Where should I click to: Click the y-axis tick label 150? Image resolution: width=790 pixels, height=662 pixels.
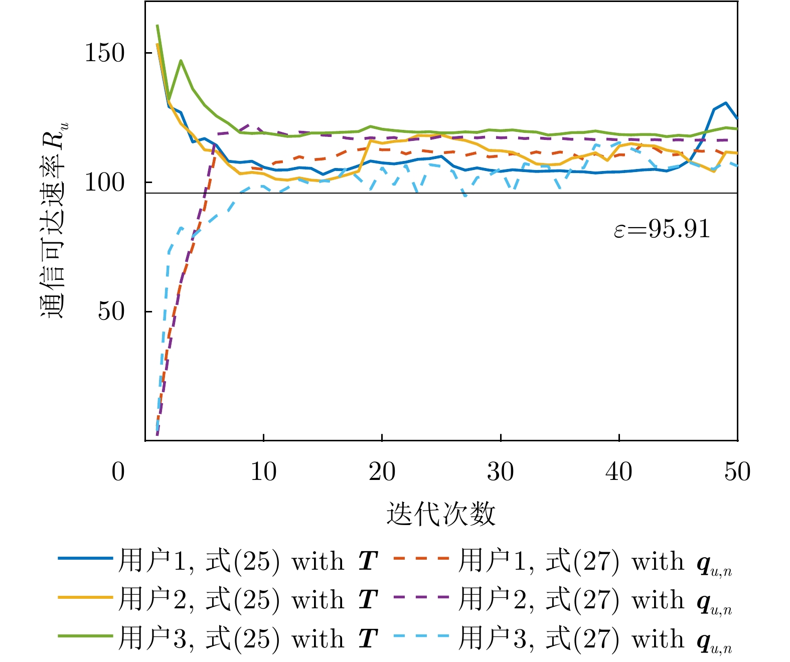coord(104,53)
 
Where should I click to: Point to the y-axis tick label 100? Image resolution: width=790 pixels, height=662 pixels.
coord(104,183)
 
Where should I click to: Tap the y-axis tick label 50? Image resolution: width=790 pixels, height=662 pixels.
coord(111,311)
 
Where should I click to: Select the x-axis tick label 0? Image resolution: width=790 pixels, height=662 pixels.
coord(118,472)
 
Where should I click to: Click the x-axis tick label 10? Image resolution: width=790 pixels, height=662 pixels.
coord(263,472)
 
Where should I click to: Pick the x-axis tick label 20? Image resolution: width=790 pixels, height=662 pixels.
coord(382,472)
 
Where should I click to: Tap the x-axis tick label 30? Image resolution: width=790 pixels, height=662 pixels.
coord(500,472)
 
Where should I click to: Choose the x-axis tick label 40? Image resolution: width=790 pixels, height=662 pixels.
coord(618,472)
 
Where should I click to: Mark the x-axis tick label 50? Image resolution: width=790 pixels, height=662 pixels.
coord(737,472)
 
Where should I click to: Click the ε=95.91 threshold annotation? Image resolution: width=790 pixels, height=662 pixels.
coord(662,230)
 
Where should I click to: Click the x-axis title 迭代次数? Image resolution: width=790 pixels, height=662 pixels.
coord(441,514)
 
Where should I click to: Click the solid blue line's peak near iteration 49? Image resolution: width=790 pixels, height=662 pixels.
coord(725,103)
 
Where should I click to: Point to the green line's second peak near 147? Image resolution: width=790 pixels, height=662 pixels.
coord(181,61)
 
